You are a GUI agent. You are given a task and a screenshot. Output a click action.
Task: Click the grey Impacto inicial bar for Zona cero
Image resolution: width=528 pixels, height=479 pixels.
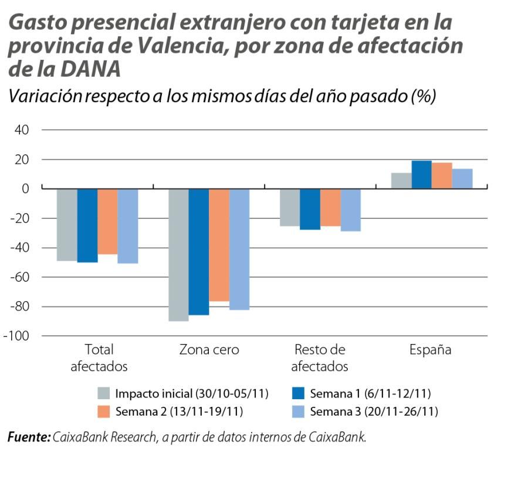[179, 255]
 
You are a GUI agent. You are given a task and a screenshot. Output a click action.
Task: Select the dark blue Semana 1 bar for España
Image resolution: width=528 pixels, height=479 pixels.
[421, 175]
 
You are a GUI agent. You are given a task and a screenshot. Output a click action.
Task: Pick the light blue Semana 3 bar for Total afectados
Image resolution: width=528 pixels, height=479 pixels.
[128, 226]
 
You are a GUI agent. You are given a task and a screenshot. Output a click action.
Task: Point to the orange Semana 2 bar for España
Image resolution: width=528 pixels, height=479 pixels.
[442, 176]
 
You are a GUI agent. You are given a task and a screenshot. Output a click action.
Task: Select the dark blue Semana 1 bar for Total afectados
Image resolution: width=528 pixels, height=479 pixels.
[87, 225]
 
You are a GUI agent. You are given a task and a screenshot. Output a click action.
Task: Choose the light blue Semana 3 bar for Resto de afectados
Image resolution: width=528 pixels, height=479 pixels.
[351, 210]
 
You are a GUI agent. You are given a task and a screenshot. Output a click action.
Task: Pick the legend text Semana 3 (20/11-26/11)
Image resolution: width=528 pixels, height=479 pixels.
[374, 411]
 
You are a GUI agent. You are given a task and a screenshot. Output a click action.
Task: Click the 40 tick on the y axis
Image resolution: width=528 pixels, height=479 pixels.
[22, 130]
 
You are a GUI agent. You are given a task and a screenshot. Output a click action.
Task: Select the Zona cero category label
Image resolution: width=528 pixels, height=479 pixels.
[209, 350]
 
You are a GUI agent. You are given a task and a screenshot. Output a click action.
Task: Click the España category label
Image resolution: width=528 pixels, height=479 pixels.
[431, 350]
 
